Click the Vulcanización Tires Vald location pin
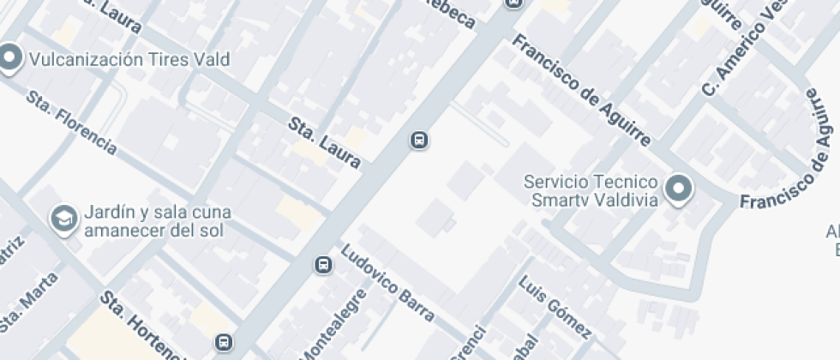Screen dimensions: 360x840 point(9,59)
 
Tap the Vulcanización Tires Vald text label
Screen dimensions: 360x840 point(129,60)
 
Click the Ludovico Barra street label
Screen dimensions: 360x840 point(387,284)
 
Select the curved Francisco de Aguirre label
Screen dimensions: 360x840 point(794,171)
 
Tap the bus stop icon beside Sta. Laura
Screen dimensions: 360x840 point(419,139)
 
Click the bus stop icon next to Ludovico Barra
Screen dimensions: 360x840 point(323,265)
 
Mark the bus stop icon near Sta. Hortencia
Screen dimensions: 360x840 point(224,342)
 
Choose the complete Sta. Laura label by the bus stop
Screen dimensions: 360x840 point(324,142)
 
